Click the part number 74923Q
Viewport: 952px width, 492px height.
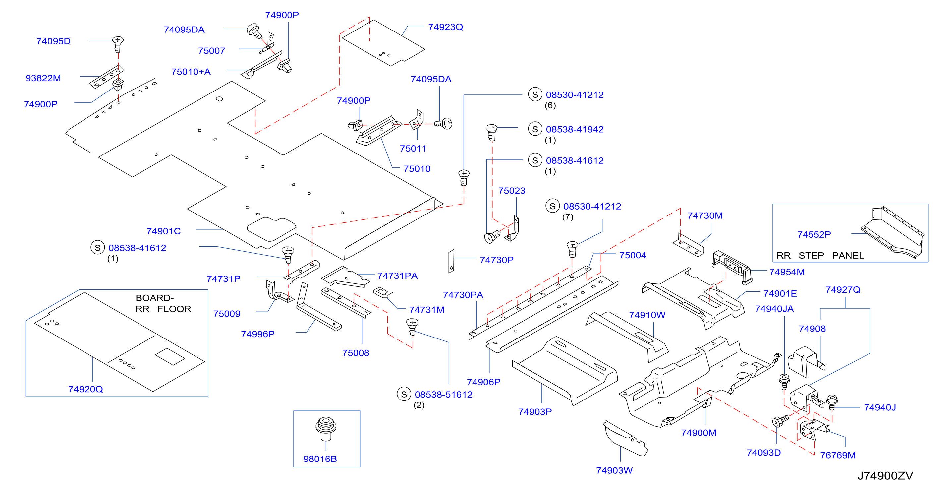[445, 27]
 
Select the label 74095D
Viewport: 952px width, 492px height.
[53, 41]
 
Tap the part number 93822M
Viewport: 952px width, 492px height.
[43, 78]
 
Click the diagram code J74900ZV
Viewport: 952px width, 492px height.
[885, 475]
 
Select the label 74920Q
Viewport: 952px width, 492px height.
[85, 389]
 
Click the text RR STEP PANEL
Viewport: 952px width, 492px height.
[820, 255]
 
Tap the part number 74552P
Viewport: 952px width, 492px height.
[814, 234]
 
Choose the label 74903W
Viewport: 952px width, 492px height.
[614, 470]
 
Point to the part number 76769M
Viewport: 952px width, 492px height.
[838, 455]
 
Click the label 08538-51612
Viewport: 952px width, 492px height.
[443, 395]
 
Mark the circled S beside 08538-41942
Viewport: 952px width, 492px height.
[535, 129]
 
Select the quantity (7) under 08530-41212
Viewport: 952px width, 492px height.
[568, 217]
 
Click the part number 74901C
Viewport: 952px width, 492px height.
[163, 231]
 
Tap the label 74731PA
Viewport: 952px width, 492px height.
[397, 276]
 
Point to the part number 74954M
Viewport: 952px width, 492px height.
[787, 272]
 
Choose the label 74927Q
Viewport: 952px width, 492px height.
[843, 289]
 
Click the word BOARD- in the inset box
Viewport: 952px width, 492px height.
[154, 298]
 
